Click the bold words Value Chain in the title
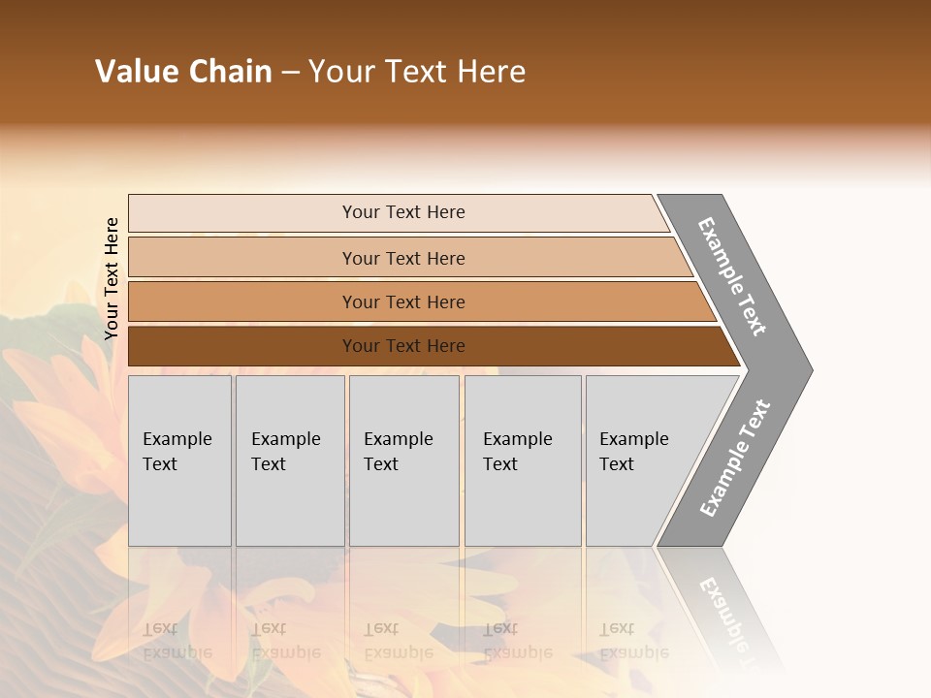183,72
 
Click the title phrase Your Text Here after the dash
417,72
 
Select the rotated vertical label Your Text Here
112,278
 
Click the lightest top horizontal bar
242,213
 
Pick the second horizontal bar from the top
242,258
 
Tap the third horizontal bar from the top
242,301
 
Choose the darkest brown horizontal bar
242,346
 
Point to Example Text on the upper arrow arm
732,276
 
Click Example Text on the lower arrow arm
735,459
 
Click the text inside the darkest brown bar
403,346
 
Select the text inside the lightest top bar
403,212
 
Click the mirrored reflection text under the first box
177,641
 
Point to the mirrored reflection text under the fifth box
633,641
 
